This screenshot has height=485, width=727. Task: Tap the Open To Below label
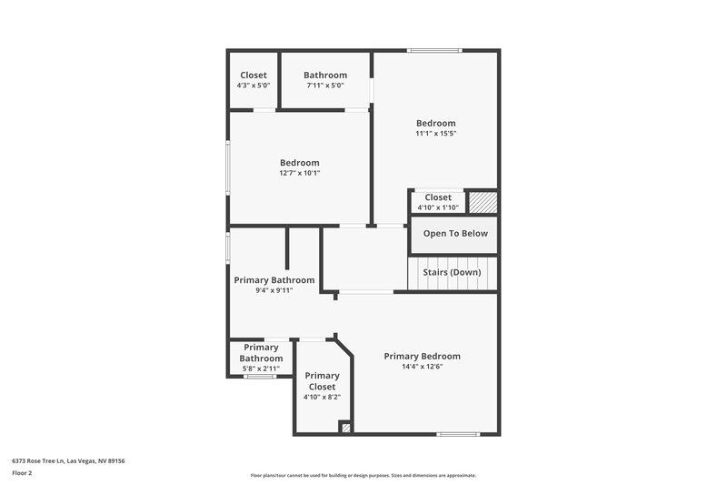point(455,233)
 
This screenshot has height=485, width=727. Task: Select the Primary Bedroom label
point(422,356)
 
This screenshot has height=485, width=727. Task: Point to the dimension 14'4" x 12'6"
point(422,367)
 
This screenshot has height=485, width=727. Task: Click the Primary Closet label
point(322,381)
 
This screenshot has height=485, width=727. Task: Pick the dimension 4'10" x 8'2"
point(322,398)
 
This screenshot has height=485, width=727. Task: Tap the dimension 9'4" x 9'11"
point(274,291)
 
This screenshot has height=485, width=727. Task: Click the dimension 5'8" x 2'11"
point(261,369)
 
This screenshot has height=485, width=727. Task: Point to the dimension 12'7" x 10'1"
point(299,173)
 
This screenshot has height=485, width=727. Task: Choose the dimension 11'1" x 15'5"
point(435,134)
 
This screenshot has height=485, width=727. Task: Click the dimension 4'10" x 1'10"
point(437,207)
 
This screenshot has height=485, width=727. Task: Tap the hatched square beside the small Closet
point(482,201)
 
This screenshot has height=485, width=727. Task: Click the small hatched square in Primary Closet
point(345,426)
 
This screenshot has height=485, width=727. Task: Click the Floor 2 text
point(23,473)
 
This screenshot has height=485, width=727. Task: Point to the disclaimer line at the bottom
point(363,475)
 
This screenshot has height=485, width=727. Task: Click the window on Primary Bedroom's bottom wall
point(458,433)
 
